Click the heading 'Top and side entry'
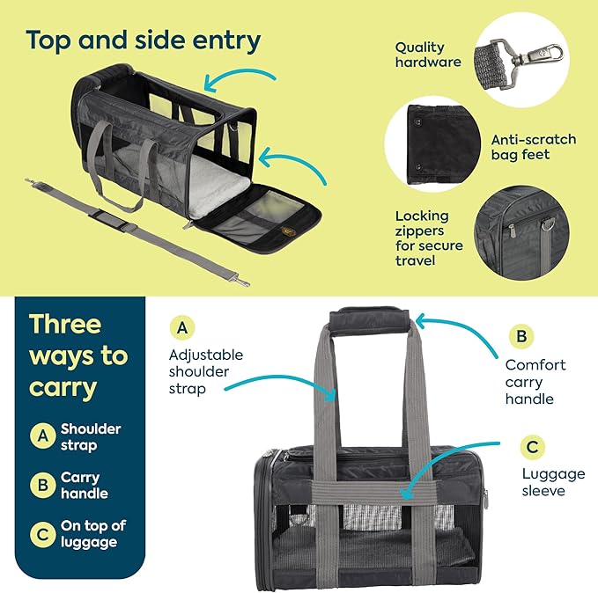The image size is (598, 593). (x=143, y=40)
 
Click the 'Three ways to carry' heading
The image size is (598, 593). (x=78, y=355)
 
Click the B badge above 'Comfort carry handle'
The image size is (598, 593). (x=520, y=336)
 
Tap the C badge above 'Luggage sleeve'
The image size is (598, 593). (x=532, y=447)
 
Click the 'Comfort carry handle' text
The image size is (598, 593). (x=535, y=382)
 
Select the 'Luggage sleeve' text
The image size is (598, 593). (x=553, y=482)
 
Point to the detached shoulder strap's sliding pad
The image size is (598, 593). (x=123, y=220)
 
